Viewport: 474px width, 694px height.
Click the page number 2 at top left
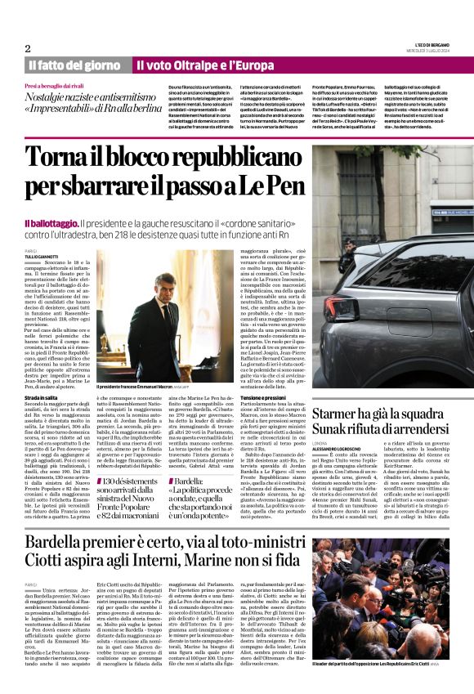28,48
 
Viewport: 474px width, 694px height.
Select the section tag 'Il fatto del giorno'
74,65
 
